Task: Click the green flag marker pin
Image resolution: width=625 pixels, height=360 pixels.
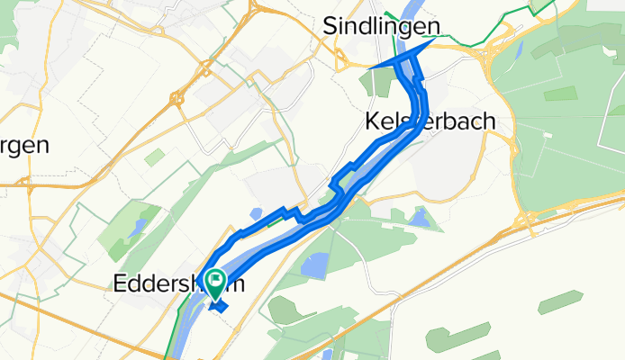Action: (216, 283)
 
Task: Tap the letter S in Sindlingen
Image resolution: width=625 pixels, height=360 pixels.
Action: (331, 29)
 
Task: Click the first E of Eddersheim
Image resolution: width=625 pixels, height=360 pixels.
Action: (120, 283)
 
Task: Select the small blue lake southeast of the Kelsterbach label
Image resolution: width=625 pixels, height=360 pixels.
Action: (420, 217)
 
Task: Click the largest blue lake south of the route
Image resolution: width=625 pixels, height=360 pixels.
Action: (314, 265)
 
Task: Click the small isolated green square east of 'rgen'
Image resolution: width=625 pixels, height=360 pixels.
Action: (155, 157)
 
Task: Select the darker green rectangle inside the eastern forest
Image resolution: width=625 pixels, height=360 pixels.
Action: (560, 93)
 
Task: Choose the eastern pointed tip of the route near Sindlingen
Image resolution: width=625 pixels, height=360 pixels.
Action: (439, 39)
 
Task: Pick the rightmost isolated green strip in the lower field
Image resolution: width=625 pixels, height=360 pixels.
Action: (560, 301)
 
